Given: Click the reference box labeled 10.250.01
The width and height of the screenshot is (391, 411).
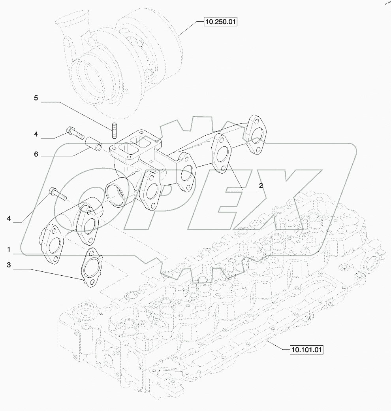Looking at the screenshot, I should coord(220,22).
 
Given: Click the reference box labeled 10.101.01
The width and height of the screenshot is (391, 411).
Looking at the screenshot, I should coord(306,350).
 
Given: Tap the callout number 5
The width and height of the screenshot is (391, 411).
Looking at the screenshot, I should coord(36,98).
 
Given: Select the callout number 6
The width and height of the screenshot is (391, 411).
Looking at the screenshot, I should coord(36,154).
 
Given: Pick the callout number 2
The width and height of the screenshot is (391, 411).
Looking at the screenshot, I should coord(261,185).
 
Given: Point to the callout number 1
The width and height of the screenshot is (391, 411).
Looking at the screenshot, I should coord(8,250).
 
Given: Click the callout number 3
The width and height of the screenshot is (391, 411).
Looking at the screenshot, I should coord(8,265).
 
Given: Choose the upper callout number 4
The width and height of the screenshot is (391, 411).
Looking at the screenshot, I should coord(36,134).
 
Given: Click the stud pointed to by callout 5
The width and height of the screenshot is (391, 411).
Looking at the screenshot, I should coord(115,131).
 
